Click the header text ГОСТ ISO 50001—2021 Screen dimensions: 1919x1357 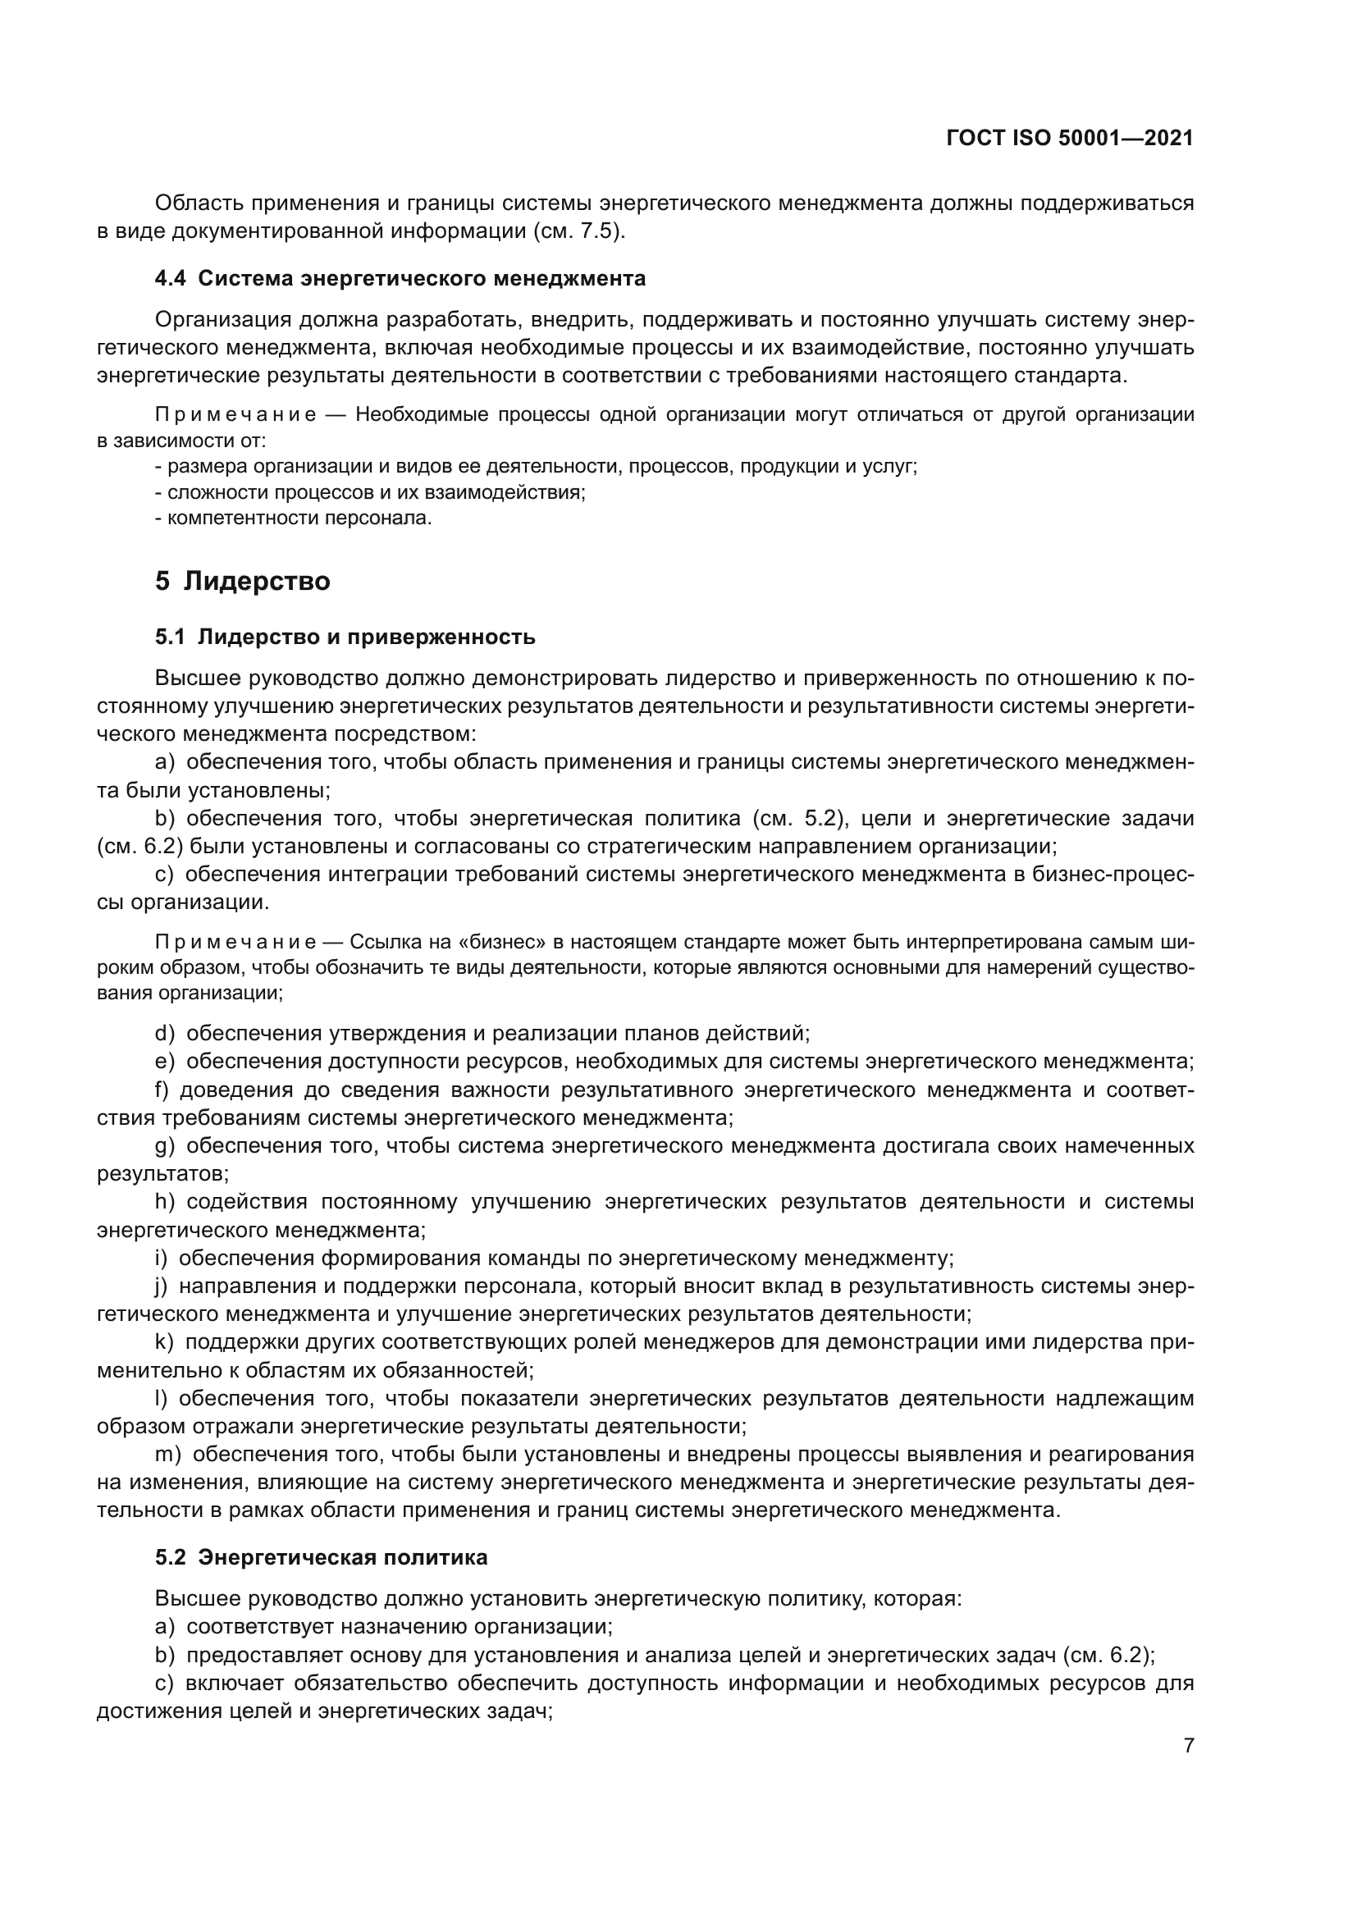tap(1070, 139)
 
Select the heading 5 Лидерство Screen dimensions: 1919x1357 tap(242, 581)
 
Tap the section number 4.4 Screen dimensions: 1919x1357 tap(171, 278)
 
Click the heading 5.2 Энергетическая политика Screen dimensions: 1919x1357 tap(321, 1557)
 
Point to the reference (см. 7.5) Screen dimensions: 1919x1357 tap(579, 231)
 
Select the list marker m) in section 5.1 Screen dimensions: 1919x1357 tap(167, 1455)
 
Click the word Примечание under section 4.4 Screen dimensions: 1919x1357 tap(235, 415)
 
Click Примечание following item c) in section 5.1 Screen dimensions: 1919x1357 tap(235, 943)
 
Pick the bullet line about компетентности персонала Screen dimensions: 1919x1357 tap(295, 519)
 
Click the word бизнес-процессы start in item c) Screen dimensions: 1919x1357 tap(1120, 875)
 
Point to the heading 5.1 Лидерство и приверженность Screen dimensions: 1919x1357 tap(345, 637)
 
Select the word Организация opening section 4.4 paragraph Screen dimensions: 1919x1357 tap(222, 320)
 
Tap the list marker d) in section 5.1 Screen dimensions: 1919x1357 tap(165, 1034)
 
